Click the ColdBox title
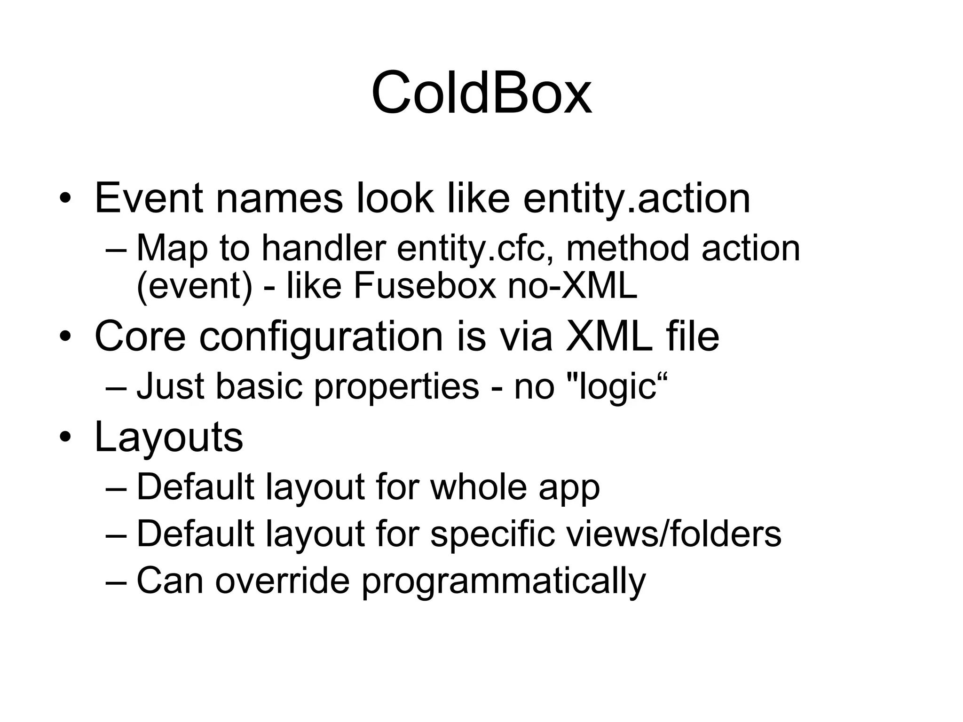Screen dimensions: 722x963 pos(481,93)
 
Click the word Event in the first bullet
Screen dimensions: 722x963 pos(149,198)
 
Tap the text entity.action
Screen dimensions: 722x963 pos(636,198)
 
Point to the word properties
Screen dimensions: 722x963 pos(396,386)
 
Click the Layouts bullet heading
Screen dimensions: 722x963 pos(169,437)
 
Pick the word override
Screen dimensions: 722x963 pos(283,581)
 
